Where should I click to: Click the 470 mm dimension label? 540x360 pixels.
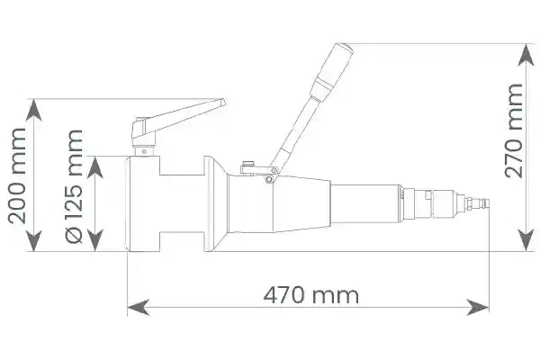pyautogui.click(x=311, y=295)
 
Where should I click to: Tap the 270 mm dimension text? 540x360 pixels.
pyautogui.click(x=514, y=130)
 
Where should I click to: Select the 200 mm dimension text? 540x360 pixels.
pyautogui.click(x=18, y=175)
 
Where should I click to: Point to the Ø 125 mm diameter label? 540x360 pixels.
pyautogui.click(x=75, y=186)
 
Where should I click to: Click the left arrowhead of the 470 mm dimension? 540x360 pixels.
pyautogui.click(x=139, y=307)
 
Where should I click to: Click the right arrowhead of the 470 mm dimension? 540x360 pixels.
pyautogui.click(x=478, y=307)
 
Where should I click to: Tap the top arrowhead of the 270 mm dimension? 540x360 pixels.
pyautogui.click(x=526, y=54)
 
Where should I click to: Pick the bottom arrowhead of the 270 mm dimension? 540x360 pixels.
pyautogui.click(x=526, y=240)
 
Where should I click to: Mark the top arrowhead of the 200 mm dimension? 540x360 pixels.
pyautogui.click(x=34, y=110)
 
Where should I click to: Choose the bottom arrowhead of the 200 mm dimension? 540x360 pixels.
pyautogui.click(x=34, y=240)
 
